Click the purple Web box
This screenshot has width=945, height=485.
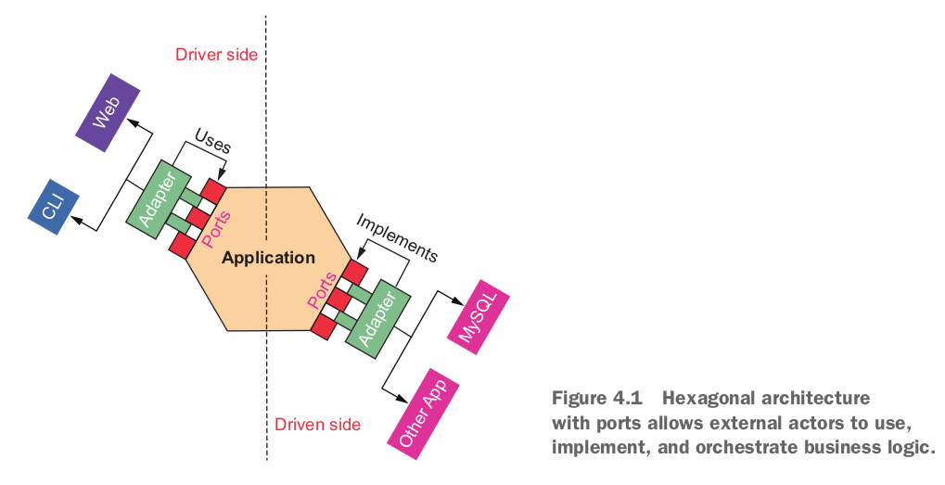coord(108,112)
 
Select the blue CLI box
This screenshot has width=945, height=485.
coord(54,207)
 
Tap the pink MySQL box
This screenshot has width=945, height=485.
coord(479,317)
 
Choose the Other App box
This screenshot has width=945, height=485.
coord(423,415)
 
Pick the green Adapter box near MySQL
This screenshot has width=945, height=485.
coord(377,319)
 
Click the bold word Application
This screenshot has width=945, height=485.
coord(268,258)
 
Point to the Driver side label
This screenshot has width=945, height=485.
coord(216,54)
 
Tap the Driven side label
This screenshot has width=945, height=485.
coord(317,424)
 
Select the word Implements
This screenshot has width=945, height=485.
coord(397,237)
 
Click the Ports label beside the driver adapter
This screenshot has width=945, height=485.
coord(216,229)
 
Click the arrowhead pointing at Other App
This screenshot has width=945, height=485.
coord(402,398)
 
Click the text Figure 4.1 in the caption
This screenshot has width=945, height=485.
coord(597,398)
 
